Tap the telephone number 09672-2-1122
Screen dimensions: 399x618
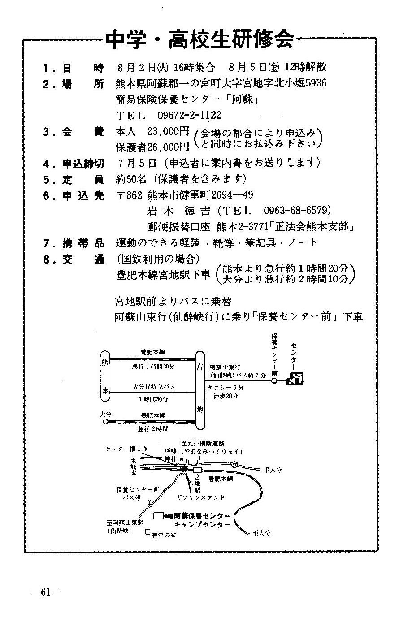189,115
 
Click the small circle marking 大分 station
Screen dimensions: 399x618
105,422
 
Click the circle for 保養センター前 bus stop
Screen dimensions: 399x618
273,381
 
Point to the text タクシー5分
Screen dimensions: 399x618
226,387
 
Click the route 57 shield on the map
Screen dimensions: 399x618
235,466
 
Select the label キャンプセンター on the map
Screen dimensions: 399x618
203,524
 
